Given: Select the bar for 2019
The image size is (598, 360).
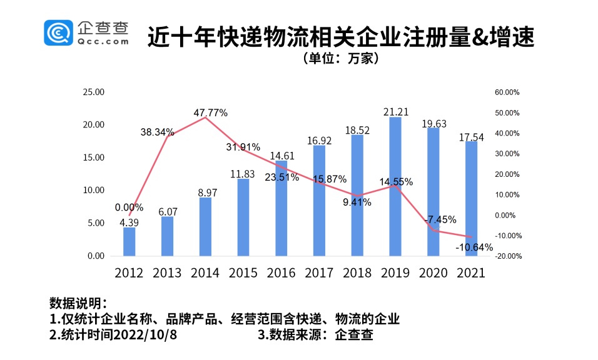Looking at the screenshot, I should click(395, 186).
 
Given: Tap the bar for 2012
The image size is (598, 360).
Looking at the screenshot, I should click(129, 241).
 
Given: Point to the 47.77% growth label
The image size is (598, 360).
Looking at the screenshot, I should click(210, 112).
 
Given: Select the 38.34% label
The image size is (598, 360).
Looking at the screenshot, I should click(157, 132).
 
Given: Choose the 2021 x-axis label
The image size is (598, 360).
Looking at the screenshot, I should click(471, 273).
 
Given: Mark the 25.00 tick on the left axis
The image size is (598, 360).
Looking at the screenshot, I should click(94, 92).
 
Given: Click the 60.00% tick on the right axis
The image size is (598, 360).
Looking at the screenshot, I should click(507, 92).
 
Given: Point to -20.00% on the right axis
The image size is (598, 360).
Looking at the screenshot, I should click(507, 256).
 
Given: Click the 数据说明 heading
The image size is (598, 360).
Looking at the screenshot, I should click(79, 304).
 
